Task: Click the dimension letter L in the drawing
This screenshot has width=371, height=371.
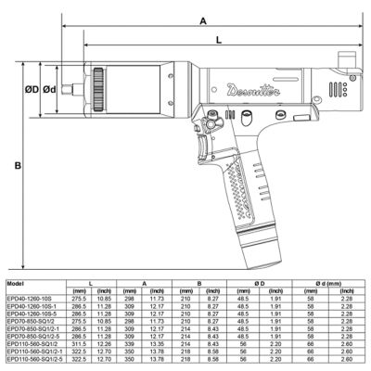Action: point(218,41)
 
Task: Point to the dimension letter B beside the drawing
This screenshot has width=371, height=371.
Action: point(18,166)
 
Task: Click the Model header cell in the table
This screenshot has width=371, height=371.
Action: point(16,283)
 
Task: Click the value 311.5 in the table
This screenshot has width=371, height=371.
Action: point(93,342)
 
